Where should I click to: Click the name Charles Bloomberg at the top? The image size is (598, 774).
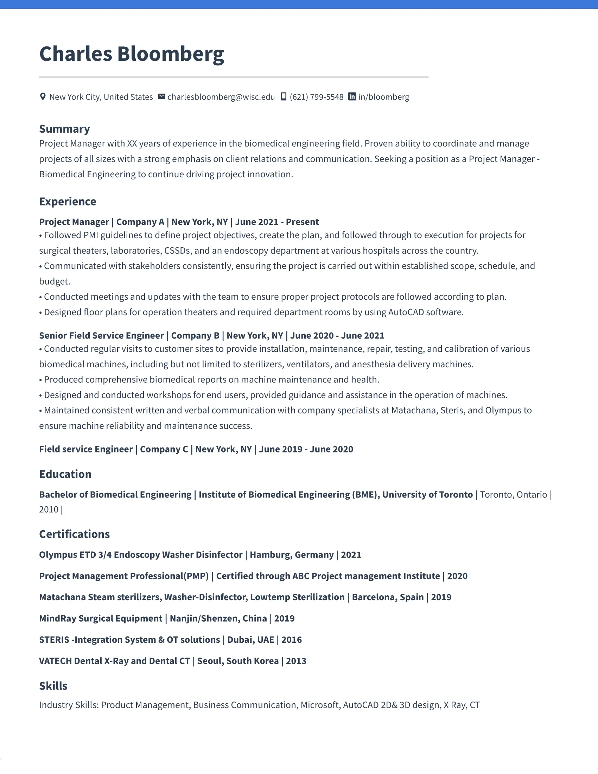click(132, 54)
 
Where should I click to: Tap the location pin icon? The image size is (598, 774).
click(43, 97)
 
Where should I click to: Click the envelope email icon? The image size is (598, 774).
click(161, 96)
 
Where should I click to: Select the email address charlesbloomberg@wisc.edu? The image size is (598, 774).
click(221, 97)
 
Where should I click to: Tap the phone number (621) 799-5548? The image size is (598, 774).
click(316, 97)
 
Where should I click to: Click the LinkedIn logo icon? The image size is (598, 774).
click(352, 97)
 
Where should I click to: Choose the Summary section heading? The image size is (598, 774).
click(64, 129)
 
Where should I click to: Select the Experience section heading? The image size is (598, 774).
click(68, 201)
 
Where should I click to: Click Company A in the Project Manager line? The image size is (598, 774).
click(140, 222)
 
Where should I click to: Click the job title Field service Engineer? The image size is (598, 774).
click(86, 449)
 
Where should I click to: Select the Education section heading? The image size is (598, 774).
click(65, 474)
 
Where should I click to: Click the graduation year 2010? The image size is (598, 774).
click(49, 510)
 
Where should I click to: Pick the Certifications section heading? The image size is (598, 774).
click(74, 534)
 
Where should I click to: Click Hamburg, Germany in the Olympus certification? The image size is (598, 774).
click(292, 554)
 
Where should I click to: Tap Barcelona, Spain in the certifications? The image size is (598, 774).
click(388, 597)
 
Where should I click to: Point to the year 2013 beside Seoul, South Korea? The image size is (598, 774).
click(296, 661)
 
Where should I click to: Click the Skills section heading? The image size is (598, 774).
click(53, 686)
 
